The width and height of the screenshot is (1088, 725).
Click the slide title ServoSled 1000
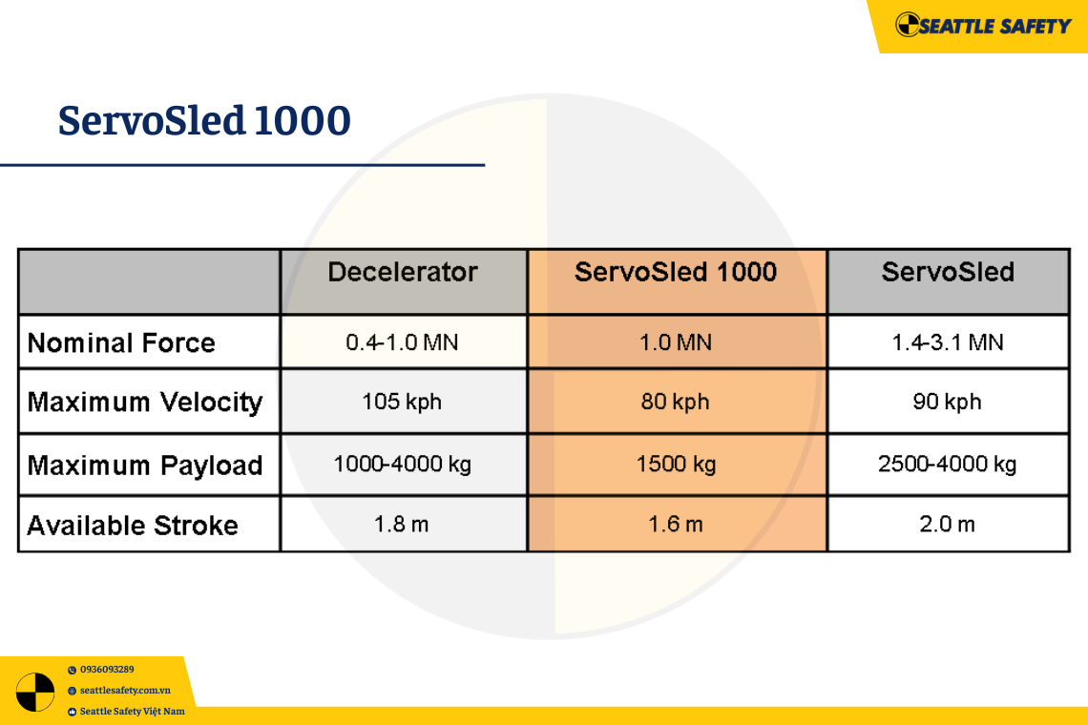(204, 121)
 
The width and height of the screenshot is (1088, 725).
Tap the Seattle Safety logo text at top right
(994, 26)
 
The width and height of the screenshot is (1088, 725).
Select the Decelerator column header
(403, 272)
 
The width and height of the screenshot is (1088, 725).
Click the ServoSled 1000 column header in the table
(676, 272)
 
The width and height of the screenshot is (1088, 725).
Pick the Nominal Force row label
(121, 342)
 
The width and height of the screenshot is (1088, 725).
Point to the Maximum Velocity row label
(145, 403)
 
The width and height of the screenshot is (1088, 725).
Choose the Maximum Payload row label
(145, 466)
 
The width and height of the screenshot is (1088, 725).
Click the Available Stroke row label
(133, 526)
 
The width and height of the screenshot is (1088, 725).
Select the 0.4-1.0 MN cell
(403, 342)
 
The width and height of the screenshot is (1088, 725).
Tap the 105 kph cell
(403, 402)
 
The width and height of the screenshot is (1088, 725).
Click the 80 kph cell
(675, 402)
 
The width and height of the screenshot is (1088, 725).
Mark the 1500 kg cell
(677, 464)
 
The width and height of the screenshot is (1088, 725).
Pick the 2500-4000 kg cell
(947, 464)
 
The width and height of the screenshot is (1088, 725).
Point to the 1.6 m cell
(676, 524)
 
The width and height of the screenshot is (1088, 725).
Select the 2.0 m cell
(947, 524)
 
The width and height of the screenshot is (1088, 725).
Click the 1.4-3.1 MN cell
(948, 342)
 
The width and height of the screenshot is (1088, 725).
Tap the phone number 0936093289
(107, 670)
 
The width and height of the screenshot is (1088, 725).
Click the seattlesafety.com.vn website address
(125, 691)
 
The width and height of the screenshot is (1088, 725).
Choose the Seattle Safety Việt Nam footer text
(133, 711)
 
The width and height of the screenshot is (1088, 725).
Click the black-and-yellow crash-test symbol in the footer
(35, 692)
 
